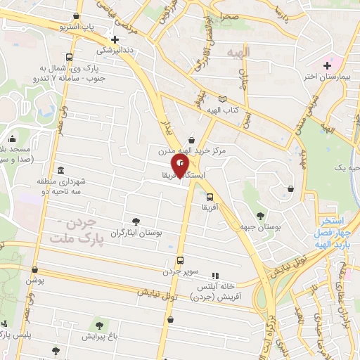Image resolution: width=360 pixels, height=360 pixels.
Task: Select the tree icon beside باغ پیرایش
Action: [x=99, y=326]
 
